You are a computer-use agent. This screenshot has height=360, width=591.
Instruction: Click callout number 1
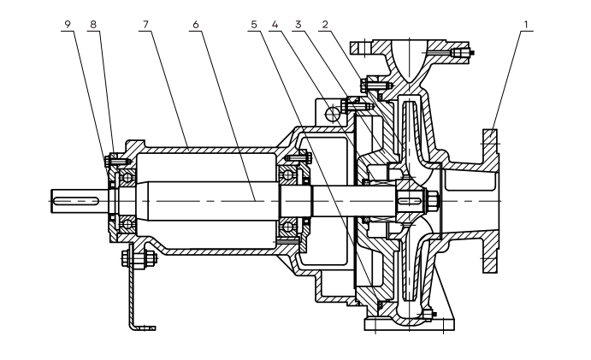[x=525, y=25]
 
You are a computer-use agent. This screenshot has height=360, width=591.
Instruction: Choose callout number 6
[x=196, y=25]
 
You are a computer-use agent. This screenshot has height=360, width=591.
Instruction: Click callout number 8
[x=93, y=25]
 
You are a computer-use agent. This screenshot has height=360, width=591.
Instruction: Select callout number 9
[x=68, y=25]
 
